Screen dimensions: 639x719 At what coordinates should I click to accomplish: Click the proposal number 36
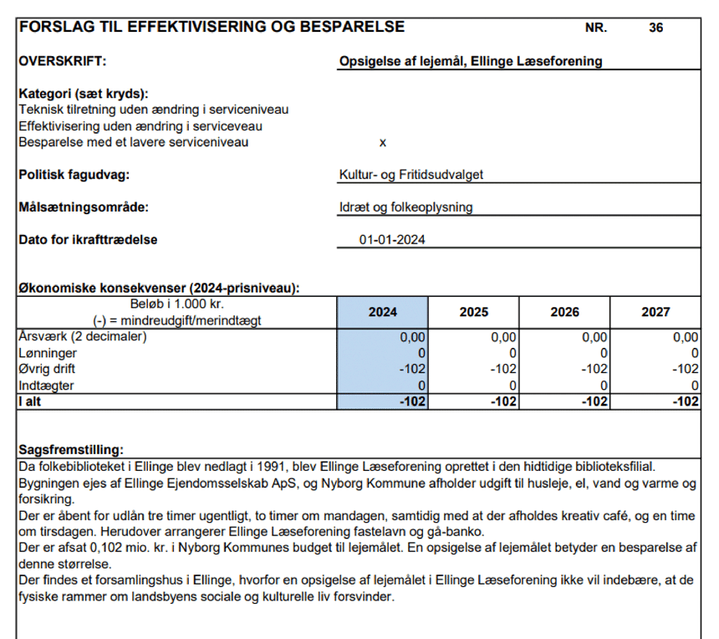(x=655, y=28)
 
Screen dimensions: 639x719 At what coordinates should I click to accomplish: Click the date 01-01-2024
(x=392, y=240)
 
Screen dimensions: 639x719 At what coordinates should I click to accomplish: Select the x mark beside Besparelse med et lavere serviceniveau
(x=383, y=142)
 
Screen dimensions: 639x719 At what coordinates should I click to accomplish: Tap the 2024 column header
(x=383, y=312)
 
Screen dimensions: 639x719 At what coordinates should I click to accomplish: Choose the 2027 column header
(x=655, y=312)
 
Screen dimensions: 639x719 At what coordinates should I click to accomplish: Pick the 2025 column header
(x=474, y=312)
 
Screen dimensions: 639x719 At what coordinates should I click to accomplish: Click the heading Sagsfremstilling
(x=71, y=449)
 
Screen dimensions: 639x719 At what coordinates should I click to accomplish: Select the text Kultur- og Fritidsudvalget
(x=410, y=175)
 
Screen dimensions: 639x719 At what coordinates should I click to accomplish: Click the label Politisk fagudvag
(x=74, y=175)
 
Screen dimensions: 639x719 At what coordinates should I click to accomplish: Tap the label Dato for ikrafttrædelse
(x=88, y=240)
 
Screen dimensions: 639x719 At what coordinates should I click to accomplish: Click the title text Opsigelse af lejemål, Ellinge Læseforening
(x=471, y=61)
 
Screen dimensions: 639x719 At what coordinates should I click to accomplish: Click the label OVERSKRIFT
(x=63, y=61)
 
